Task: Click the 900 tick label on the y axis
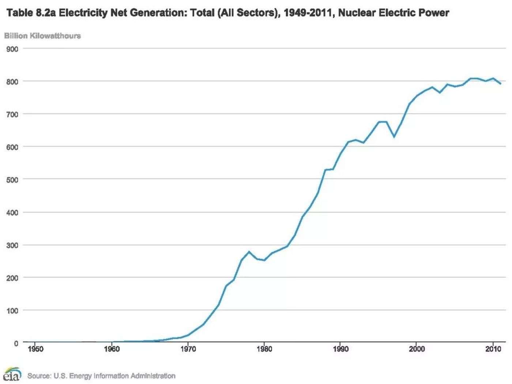pos(12,49)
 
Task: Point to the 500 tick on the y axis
pos(12,180)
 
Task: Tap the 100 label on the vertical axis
pos(12,311)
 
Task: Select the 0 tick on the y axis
pos(16,343)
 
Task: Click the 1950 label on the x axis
pos(35,349)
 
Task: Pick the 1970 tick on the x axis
pos(188,349)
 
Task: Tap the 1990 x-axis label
pos(340,349)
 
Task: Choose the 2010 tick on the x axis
pos(493,349)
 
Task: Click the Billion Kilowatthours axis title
pos(42,36)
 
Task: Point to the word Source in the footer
pos(39,376)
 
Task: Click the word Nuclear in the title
pos(357,13)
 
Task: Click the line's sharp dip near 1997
pos(394,137)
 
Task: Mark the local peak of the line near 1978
pos(249,252)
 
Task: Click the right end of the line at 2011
pos(500,84)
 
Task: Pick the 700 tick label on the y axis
pos(12,115)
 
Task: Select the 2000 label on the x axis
pos(417,349)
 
